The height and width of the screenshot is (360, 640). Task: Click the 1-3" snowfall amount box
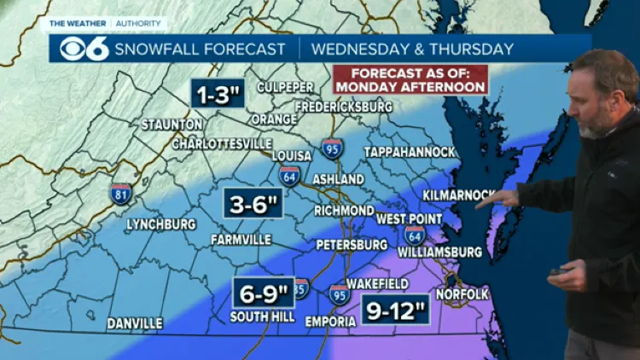[218, 93]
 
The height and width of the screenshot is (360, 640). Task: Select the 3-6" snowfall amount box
[253, 204]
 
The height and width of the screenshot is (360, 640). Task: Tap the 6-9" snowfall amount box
[263, 293]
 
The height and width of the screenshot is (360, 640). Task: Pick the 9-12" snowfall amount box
[395, 310]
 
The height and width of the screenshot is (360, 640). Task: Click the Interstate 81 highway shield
[121, 194]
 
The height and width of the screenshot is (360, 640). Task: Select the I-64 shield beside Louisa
[289, 176]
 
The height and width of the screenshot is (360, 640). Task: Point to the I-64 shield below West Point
[415, 235]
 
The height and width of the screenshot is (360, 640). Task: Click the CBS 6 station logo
[83, 49]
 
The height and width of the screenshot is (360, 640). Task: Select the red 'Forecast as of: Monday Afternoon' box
[410, 79]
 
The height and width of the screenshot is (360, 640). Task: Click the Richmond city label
[344, 211]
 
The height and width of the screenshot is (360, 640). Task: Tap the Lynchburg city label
[160, 224]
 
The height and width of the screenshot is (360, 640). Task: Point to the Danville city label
[135, 323]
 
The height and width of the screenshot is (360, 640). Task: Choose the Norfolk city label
[462, 294]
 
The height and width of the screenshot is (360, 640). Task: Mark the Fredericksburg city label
[344, 107]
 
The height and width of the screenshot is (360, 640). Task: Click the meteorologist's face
[597, 100]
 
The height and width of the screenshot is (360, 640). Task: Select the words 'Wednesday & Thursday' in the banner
[412, 49]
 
